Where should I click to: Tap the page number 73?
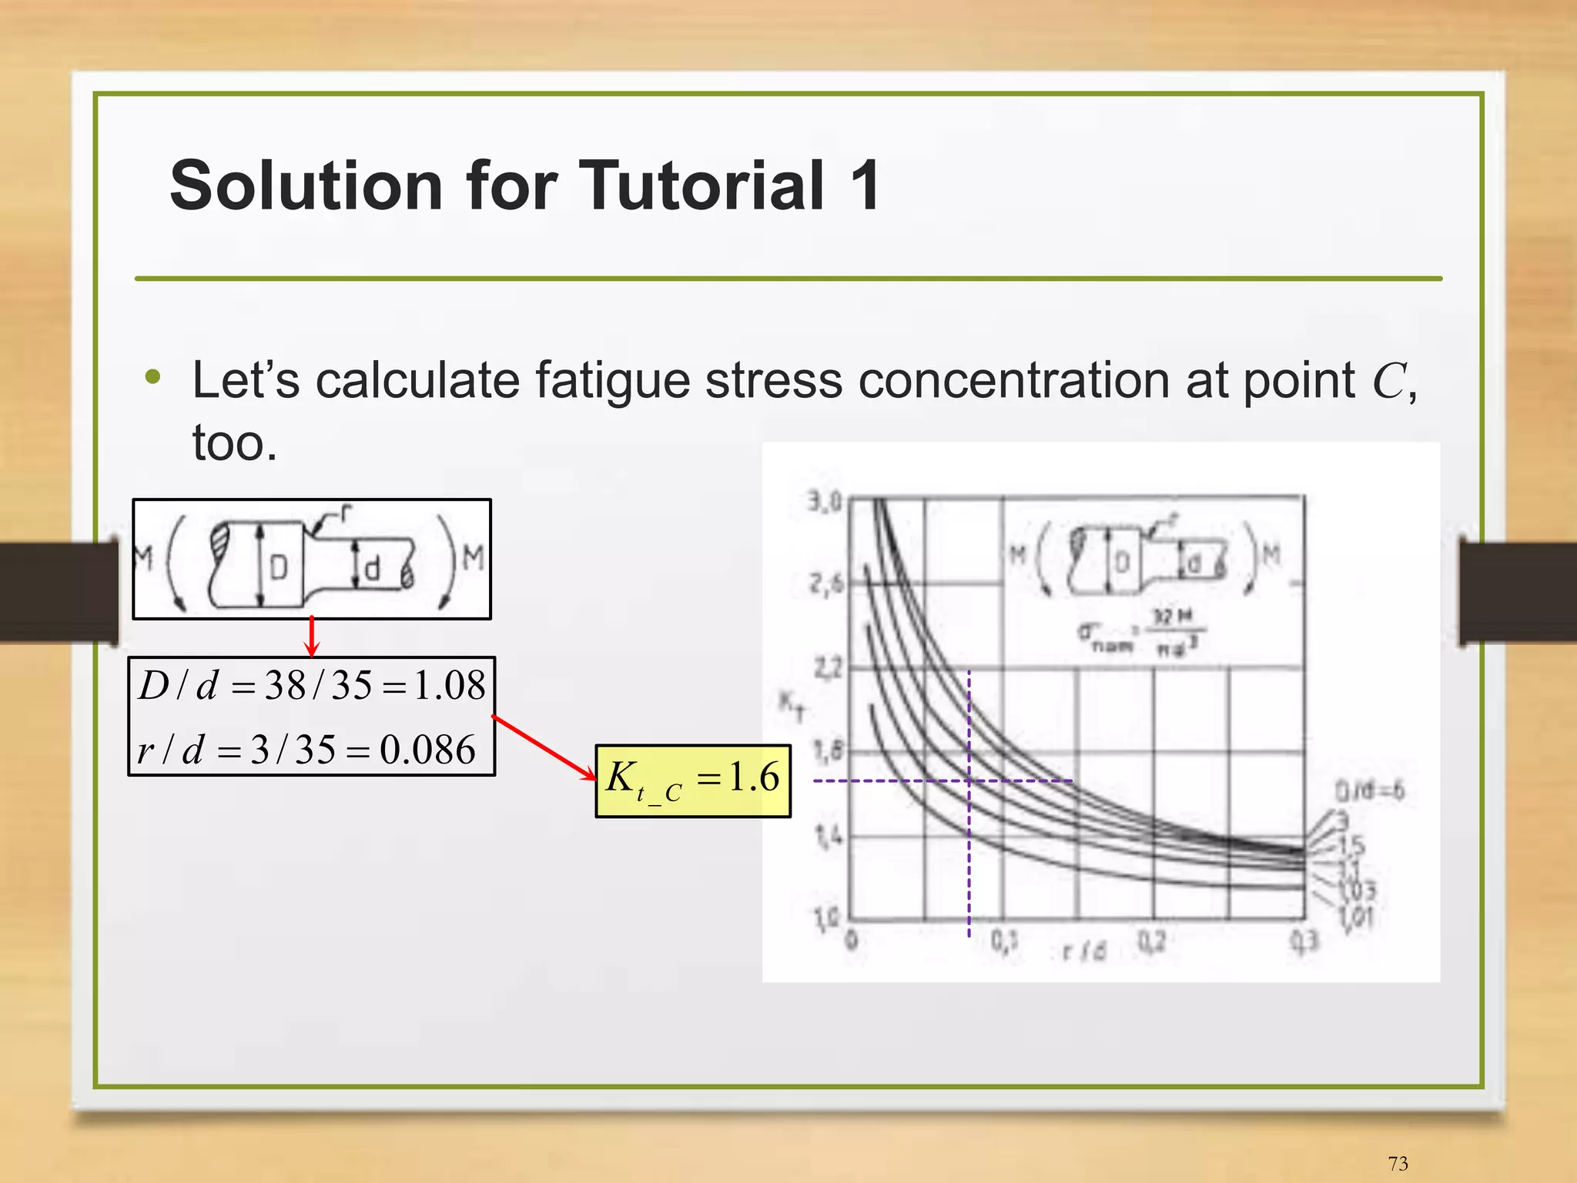click(1398, 1163)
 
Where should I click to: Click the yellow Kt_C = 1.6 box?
click(693, 780)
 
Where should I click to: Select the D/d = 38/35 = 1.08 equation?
click(312, 685)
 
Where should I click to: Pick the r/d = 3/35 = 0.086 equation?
click(306, 749)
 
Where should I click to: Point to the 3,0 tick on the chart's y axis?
click(825, 503)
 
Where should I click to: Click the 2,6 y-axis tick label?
click(825, 585)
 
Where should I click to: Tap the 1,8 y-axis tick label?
click(827, 750)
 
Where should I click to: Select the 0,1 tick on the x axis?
click(1004, 941)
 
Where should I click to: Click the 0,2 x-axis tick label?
click(1152, 941)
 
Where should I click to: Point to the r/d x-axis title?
click(1084, 951)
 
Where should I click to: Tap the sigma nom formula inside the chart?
click(1141, 633)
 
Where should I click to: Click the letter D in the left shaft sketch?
click(279, 568)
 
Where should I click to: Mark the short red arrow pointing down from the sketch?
click(312, 636)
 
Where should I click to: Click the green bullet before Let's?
click(153, 377)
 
